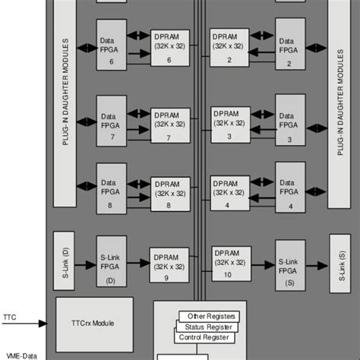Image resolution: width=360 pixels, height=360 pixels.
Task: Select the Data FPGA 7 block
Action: [x=111, y=122]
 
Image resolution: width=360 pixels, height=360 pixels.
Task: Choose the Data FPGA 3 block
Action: [x=289, y=122]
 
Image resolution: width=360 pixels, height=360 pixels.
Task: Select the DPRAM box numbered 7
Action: [x=171, y=125]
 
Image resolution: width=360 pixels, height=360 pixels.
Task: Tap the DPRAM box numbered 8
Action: [x=171, y=193]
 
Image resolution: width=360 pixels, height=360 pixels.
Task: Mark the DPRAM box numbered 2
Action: [x=229, y=48]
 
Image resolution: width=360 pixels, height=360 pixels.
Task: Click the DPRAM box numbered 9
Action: [x=171, y=262]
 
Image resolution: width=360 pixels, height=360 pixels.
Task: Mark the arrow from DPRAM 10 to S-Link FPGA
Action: [x=260, y=265]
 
